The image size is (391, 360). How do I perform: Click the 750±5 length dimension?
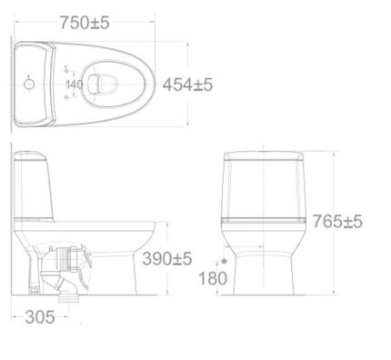click(85, 23)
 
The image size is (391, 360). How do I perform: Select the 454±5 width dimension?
click(187, 85)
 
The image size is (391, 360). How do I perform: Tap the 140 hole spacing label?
click(75, 85)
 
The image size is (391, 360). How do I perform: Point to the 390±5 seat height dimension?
click(167, 259)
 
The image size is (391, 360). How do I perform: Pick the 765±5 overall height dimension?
click(337, 221)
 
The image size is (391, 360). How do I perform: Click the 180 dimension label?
click(213, 278)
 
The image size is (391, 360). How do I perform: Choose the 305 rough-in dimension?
click(40, 317)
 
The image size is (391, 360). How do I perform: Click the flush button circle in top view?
click(29, 84)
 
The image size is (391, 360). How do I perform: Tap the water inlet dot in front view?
click(224, 261)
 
